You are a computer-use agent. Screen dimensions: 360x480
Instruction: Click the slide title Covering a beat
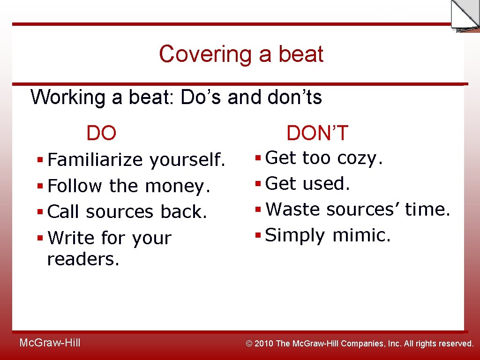(x=241, y=54)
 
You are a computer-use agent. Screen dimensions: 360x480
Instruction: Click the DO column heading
(x=101, y=134)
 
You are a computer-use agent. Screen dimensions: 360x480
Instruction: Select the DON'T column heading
(x=317, y=134)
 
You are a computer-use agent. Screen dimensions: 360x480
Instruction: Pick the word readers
(x=83, y=259)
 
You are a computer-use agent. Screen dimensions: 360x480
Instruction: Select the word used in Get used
(x=326, y=184)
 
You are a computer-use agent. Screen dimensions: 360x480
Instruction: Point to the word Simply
(x=295, y=236)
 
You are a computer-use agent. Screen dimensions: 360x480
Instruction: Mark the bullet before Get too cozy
(x=258, y=158)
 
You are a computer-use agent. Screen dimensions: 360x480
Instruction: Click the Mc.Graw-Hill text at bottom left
(x=50, y=343)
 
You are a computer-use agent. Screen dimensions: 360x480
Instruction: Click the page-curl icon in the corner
(x=465, y=15)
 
